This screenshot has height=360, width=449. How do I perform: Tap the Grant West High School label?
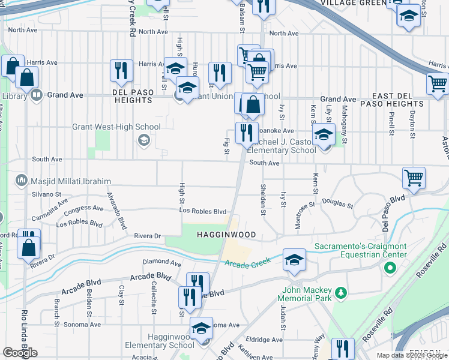(x=116, y=127)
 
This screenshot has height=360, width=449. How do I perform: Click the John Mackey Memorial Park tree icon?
(x=341, y=292)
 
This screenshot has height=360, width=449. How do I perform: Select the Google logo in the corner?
(x=20, y=352)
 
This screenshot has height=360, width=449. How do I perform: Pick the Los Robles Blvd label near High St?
(x=203, y=211)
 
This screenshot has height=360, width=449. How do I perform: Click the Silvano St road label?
(x=46, y=194)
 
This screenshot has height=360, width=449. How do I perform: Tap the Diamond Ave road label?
(x=161, y=263)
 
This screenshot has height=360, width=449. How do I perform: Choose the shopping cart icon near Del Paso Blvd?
(x=414, y=178)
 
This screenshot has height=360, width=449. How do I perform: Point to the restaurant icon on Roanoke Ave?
(x=246, y=133)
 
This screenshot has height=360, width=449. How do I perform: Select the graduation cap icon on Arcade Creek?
(x=294, y=260)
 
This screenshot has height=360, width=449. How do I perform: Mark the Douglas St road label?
(x=337, y=204)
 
